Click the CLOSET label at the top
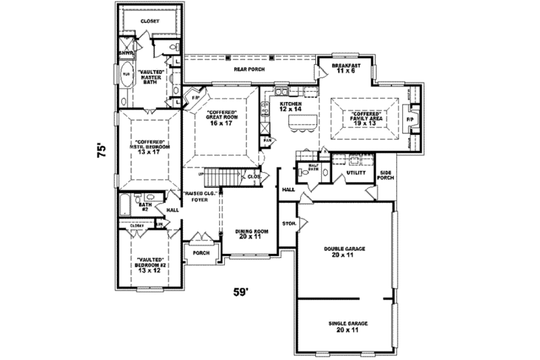pos(149,22)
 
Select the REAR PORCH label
pos(250,70)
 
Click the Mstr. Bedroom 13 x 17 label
pos(147,147)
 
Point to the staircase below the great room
pos(223,176)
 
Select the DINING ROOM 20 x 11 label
pos(252,234)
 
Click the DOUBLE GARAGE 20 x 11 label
pos(344,253)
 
